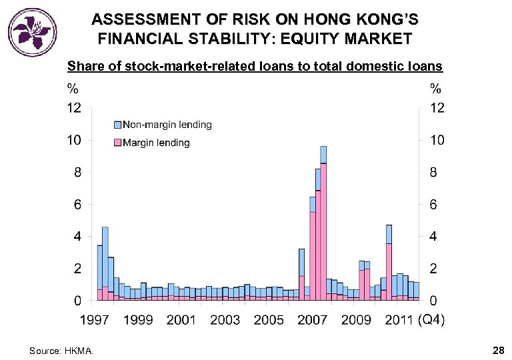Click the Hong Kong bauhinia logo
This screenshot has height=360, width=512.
(x=33, y=31)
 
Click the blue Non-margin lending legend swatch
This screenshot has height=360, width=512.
(x=117, y=125)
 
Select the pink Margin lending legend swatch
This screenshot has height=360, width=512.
(x=117, y=143)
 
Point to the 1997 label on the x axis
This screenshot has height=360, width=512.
(x=95, y=320)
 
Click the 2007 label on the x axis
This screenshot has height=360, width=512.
(x=312, y=320)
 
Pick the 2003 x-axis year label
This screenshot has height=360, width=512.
(x=225, y=320)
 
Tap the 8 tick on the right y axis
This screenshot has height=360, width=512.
(x=433, y=172)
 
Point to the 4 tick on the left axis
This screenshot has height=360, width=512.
(x=77, y=237)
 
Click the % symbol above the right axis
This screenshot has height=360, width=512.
(x=435, y=87)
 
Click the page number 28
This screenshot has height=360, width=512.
(x=497, y=350)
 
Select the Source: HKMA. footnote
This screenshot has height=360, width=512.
(x=62, y=351)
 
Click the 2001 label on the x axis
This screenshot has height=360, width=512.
(x=181, y=320)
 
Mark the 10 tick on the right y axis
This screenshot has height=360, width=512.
(x=436, y=140)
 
